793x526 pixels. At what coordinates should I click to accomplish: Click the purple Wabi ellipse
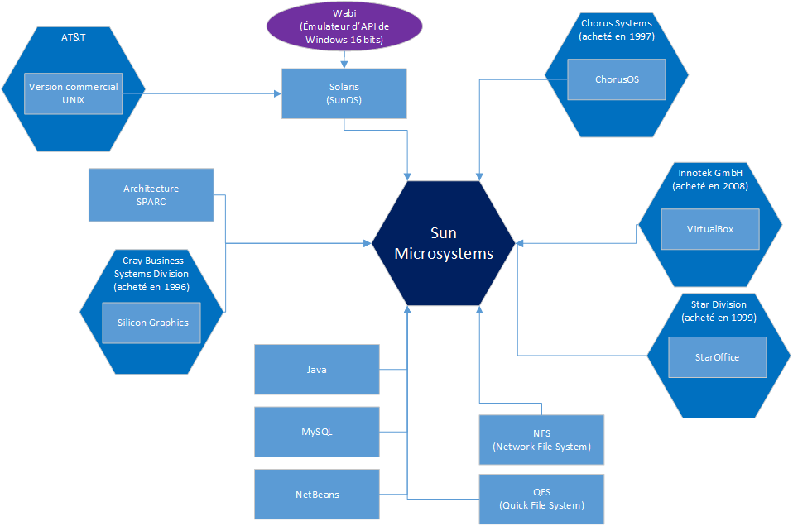coord(344,26)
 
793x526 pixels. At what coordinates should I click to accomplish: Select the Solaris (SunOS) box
coord(344,93)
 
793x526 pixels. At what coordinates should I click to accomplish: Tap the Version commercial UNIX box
coord(74,93)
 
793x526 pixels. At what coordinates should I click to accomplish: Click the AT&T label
coord(74,38)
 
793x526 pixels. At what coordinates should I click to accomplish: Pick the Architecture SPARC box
coord(151,195)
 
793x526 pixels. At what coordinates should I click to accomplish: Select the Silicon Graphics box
coord(152,323)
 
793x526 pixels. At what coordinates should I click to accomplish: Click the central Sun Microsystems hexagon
coord(443,243)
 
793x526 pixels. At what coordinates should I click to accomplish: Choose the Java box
coord(316,370)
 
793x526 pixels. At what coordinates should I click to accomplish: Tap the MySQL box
coord(316,432)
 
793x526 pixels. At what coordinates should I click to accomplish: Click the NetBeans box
coord(316,495)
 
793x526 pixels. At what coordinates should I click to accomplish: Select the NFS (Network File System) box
coord(541,439)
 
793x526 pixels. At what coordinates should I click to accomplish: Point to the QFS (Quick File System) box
coord(541,499)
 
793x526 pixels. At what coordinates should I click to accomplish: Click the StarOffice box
coord(717,357)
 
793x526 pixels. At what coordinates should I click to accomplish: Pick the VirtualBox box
coord(709,229)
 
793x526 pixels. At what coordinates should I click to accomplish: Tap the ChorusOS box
coord(617,79)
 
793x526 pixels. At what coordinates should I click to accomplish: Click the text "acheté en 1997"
coord(617,36)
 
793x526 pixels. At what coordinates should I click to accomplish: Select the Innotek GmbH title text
coord(711,173)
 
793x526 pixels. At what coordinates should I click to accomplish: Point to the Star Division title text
coord(718,304)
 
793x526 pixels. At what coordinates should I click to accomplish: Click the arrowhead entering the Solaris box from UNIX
coord(277,93)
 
